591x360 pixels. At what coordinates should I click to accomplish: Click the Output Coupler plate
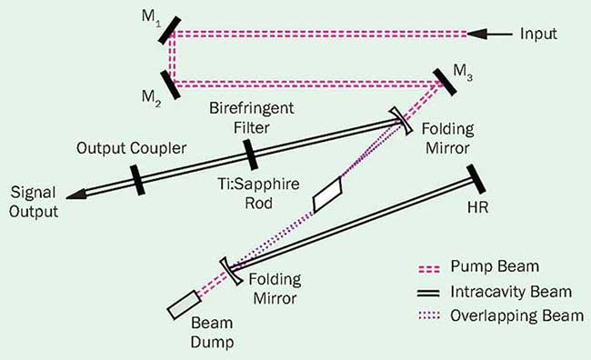tap(137, 178)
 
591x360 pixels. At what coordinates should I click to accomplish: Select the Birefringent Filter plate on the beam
tap(251, 155)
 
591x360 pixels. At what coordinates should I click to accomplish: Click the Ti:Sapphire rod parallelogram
tap(326, 194)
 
